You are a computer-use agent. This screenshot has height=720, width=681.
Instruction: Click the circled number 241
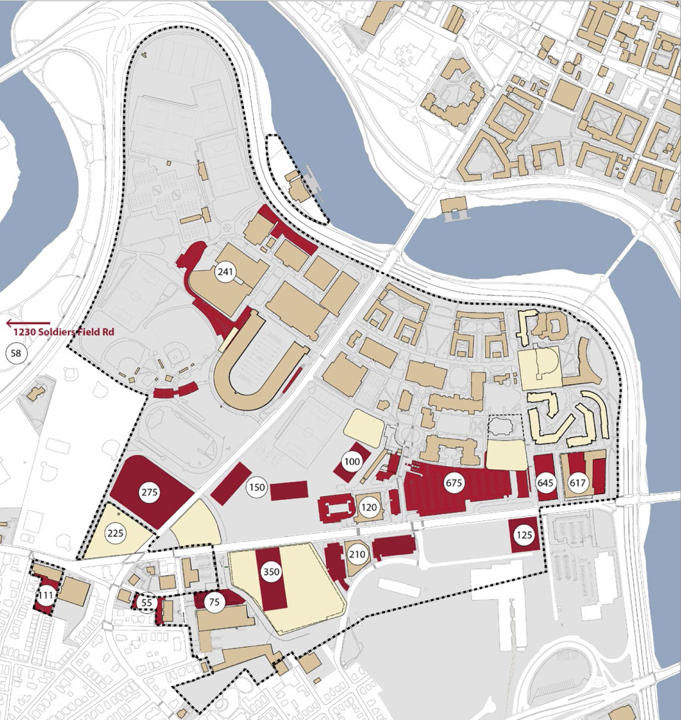click(225, 271)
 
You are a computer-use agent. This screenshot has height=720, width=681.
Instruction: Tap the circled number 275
click(149, 492)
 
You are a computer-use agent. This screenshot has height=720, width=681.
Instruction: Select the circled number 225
click(116, 533)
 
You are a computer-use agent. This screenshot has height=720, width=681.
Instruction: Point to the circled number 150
click(257, 487)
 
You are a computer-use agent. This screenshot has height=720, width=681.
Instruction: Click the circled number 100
click(352, 461)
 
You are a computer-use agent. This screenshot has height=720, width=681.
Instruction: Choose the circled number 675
click(454, 483)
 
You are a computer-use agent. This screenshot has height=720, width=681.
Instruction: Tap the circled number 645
click(545, 483)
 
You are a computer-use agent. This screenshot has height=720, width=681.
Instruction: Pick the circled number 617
click(578, 483)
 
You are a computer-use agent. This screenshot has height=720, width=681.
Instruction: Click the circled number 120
click(369, 507)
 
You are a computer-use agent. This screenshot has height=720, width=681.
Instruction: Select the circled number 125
click(524, 535)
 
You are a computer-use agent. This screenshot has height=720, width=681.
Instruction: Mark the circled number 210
click(357, 554)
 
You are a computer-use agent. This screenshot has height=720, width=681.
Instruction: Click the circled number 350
click(271, 572)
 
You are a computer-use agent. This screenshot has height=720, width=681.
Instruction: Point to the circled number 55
click(147, 603)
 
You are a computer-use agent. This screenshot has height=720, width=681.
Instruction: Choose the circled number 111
click(45, 595)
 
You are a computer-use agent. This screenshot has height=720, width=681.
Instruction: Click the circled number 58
click(16, 353)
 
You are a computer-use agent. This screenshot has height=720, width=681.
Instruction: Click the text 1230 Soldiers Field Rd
click(64, 332)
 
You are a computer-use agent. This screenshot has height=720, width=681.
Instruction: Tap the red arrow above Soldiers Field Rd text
click(28, 323)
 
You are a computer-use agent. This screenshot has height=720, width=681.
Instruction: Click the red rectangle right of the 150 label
click(289, 491)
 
